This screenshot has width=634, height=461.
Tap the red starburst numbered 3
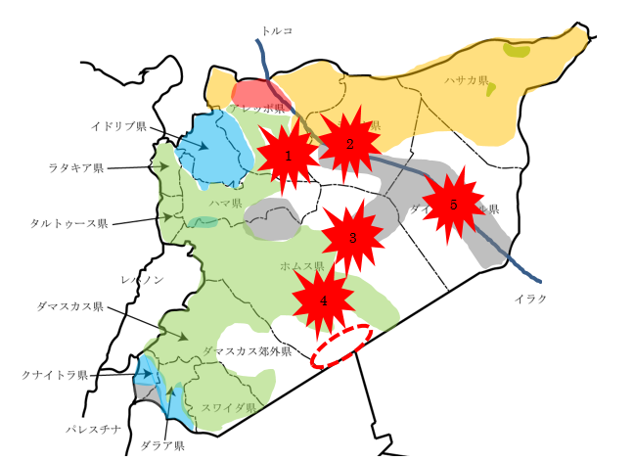(x=352, y=238)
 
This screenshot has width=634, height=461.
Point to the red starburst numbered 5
(x=453, y=206)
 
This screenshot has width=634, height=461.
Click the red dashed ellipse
(x=340, y=346)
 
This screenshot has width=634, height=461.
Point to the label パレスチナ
(x=94, y=429)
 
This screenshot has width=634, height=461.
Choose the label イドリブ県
(x=118, y=127)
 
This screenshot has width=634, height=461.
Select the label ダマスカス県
(x=69, y=306)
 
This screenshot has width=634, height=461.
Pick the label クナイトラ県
(x=55, y=374)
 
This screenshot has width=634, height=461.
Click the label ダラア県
(x=161, y=445)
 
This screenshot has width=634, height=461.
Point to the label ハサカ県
(x=466, y=80)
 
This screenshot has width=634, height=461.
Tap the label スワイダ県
(x=228, y=406)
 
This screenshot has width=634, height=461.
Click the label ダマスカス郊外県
(x=248, y=350)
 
